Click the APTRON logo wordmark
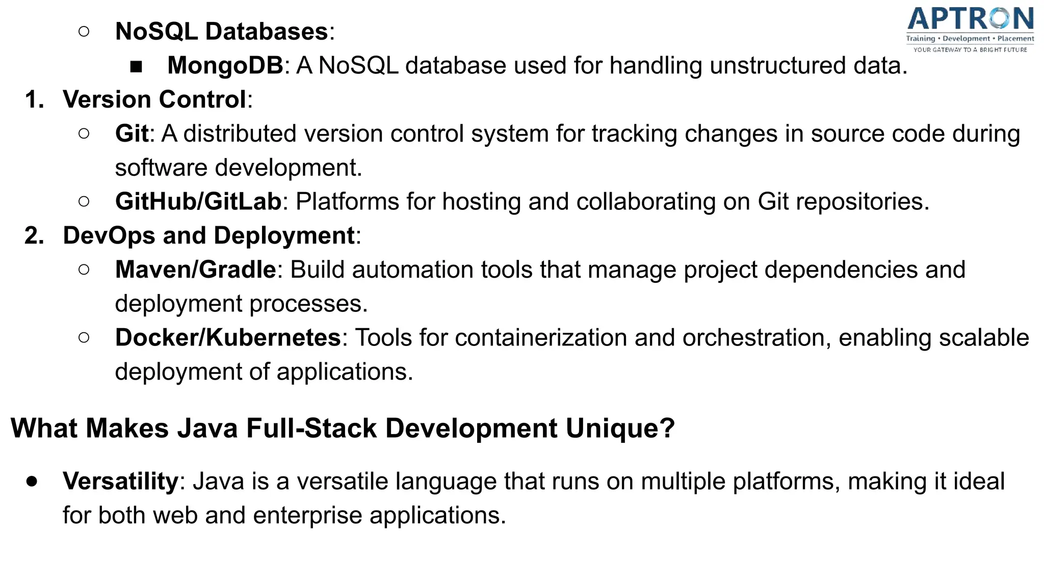point(971,19)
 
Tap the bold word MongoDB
point(225,66)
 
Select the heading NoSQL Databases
point(222,32)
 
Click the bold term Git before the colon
point(132,134)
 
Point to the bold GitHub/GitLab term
point(198,201)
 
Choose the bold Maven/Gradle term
point(195,270)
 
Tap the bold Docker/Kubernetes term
point(227,337)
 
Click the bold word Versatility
point(120,481)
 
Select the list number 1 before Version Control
point(34,99)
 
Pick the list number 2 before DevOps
point(34,235)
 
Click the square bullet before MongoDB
point(136,67)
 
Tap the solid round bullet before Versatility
point(32,482)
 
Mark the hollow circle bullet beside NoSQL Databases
point(84,32)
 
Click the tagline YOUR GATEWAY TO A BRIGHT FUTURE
point(970,50)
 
